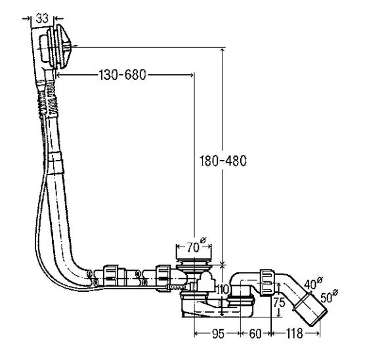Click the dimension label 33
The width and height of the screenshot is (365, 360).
[x=42, y=18]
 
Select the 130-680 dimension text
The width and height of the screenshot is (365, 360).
[x=123, y=75]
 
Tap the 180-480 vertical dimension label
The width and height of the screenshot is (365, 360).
[x=223, y=161]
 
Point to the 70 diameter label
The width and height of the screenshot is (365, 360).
[x=196, y=245]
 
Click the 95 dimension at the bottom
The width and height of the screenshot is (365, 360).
[x=218, y=334]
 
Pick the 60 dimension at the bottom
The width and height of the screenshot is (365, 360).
[x=255, y=334]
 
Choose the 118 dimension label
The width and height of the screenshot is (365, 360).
[x=294, y=334]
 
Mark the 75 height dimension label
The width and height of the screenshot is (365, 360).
[x=279, y=302]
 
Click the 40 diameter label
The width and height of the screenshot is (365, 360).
[x=313, y=283]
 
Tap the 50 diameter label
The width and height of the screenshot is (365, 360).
[x=329, y=296]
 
